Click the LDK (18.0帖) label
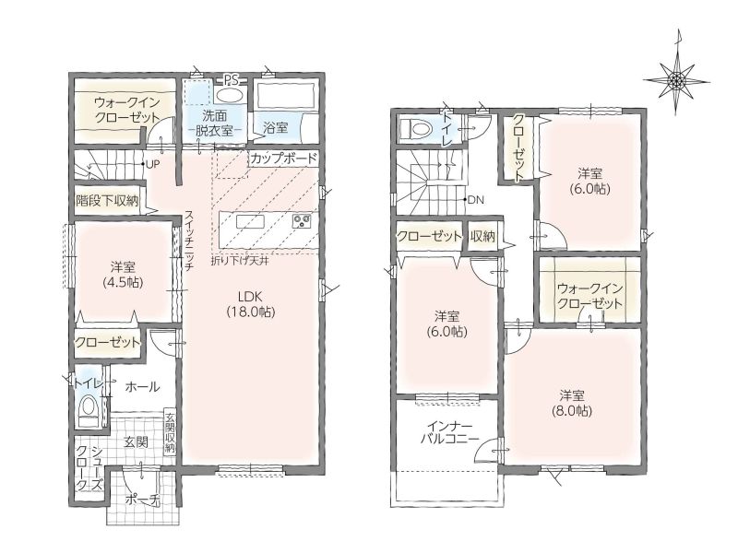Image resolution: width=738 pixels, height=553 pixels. coord(250,304)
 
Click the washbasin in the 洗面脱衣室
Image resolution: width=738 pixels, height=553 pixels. coord(230,96)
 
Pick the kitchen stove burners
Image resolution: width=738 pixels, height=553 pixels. coord(302,220)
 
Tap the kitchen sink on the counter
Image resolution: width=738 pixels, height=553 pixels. coord(249,221)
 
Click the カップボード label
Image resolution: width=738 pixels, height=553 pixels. coord(284,158)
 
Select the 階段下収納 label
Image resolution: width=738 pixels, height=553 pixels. coord(107,201)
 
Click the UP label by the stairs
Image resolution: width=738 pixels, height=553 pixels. coord(153,164)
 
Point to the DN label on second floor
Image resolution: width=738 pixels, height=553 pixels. coord(476,200)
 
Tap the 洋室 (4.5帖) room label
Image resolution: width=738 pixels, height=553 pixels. coord(123,275)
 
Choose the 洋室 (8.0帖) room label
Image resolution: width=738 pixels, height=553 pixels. coord(572,403)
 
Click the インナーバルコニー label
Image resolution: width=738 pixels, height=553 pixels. coord(449,432)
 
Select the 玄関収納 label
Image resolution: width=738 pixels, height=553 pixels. coord(170,432)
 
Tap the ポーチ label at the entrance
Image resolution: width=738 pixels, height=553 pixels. coord(143,500)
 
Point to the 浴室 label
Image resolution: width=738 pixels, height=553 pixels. coord(275,127)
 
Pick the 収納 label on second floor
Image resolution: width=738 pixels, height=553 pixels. coord(482,237)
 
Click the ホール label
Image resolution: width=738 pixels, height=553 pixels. coord(142,387)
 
